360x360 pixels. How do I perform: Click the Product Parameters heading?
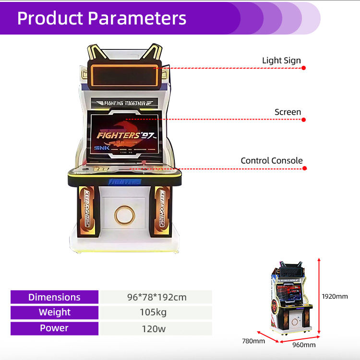[101, 18]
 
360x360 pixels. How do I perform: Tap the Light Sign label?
[281, 60]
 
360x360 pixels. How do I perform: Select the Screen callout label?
[288, 112]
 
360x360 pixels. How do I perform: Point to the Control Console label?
[272, 161]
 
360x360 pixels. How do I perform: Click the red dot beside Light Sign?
[303, 68]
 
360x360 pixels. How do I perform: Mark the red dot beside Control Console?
[303, 168]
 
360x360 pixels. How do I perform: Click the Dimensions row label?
[54, 297]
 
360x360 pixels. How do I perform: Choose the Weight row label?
[54, 312]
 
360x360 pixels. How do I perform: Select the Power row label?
[54, 328]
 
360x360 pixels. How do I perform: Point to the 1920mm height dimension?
[335, 296]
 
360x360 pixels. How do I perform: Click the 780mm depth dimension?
[253, 341]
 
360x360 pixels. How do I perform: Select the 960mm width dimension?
[304, 345]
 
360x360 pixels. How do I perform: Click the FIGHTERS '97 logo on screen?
[126, 134]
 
